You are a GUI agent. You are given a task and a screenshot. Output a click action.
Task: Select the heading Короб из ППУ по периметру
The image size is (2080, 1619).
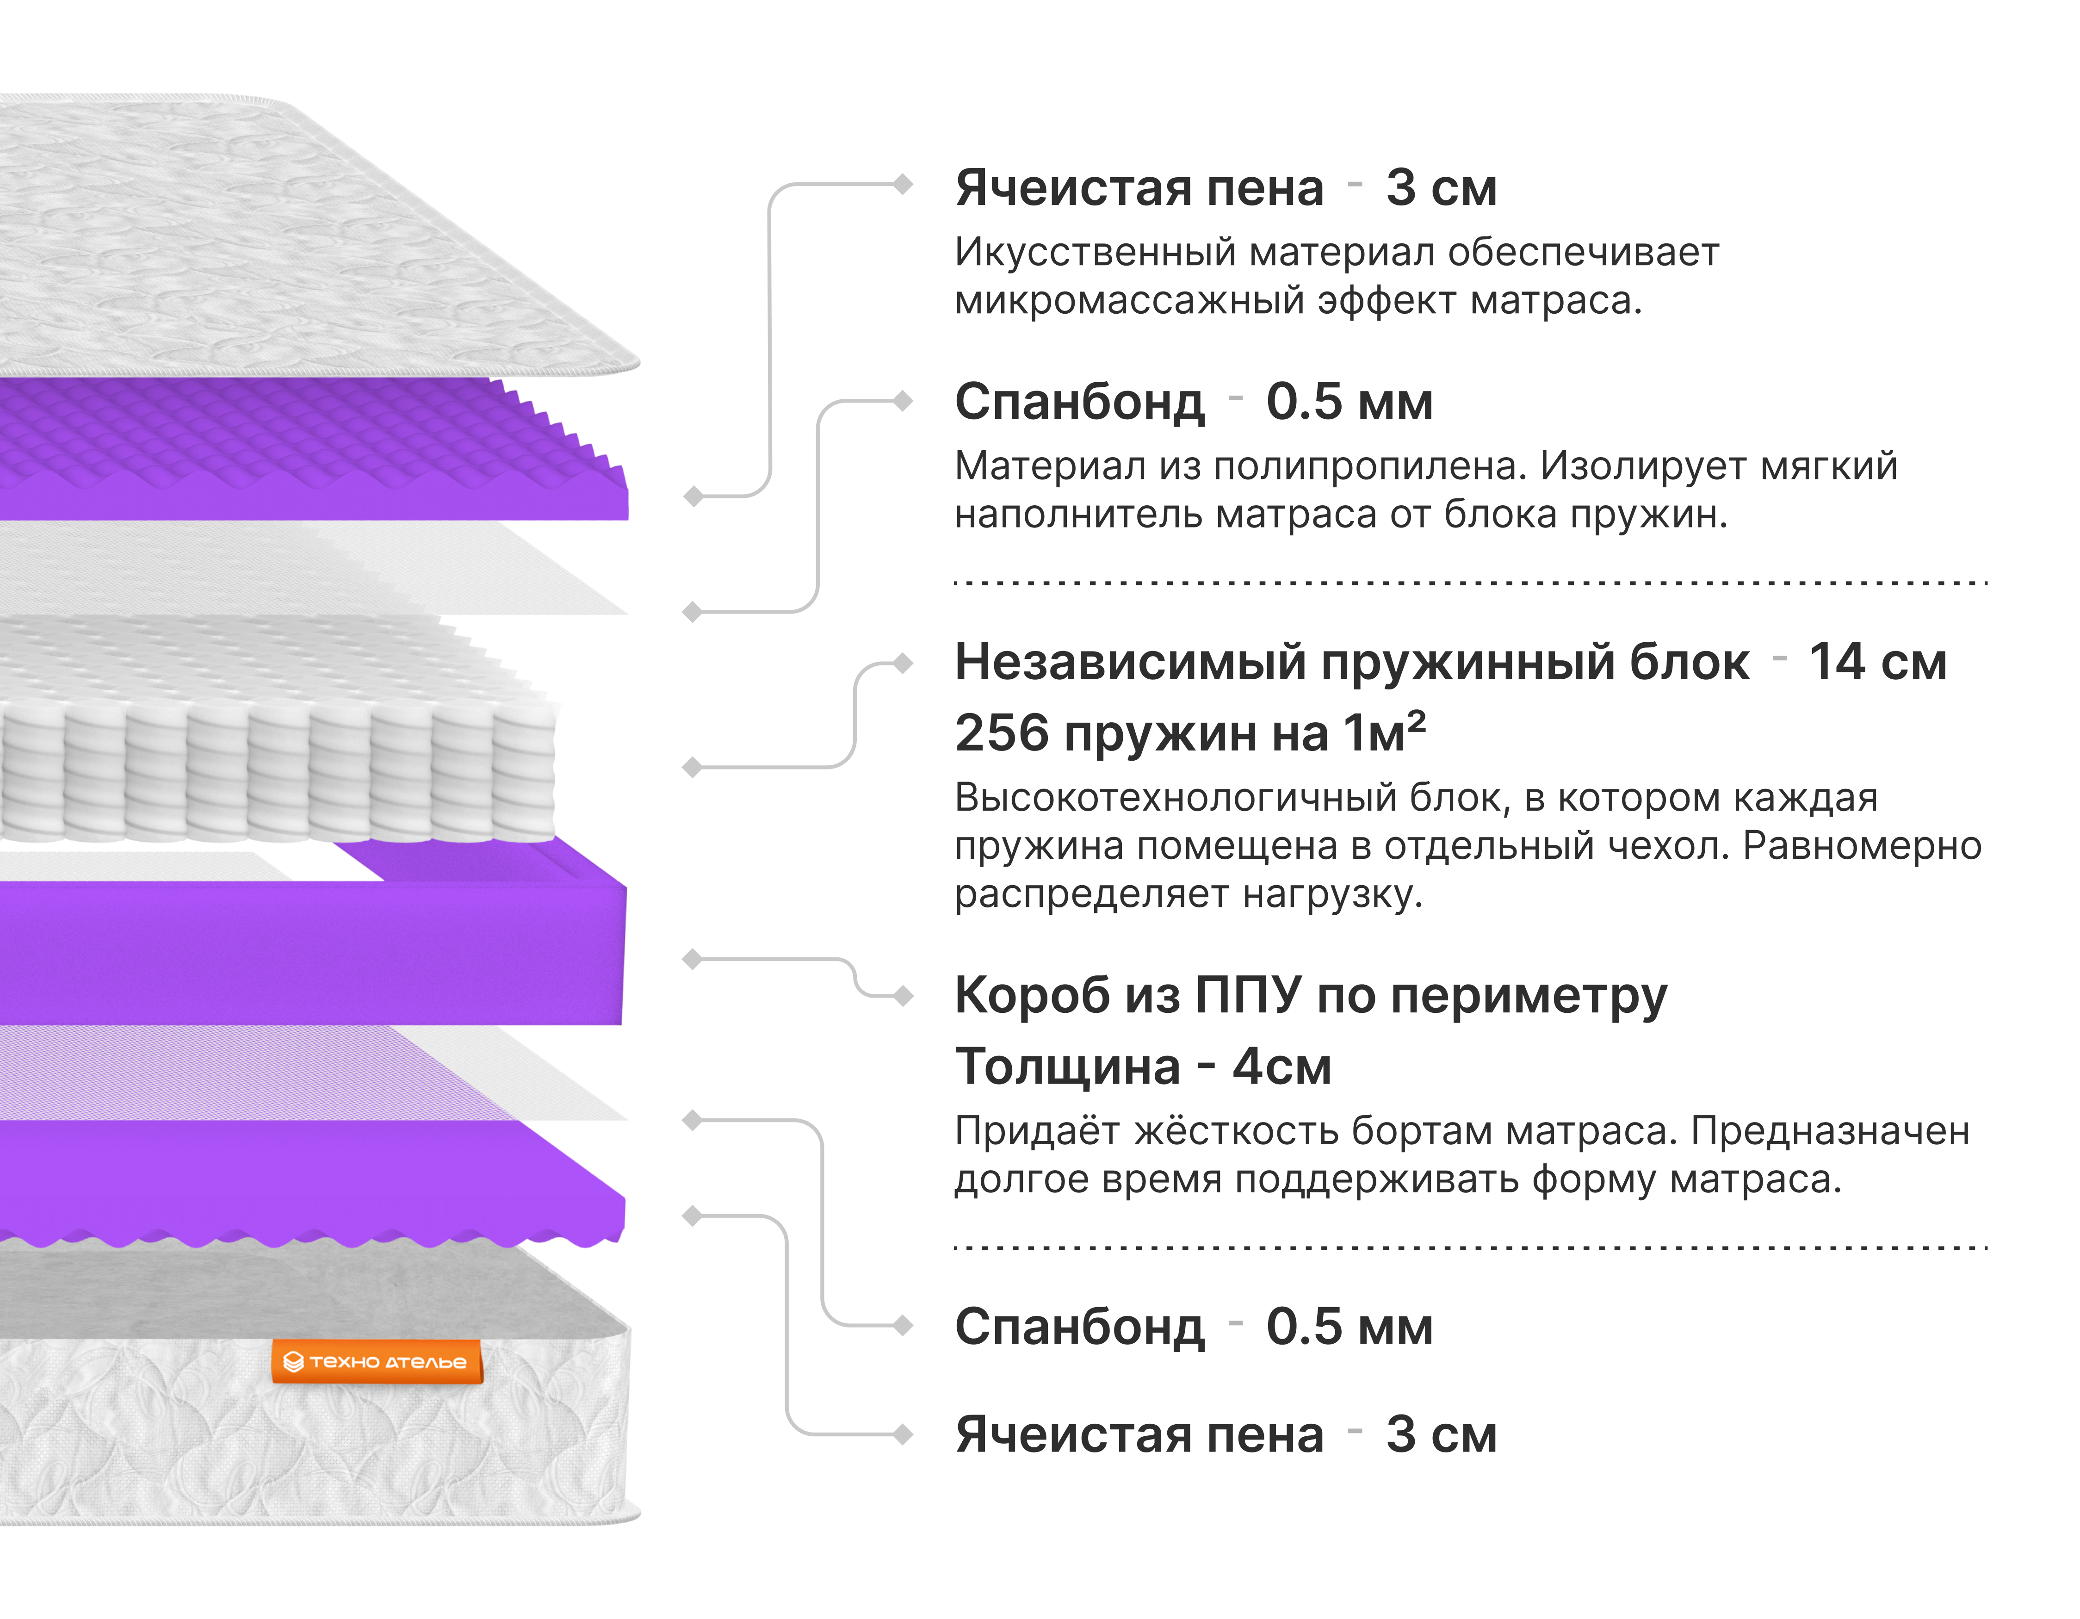1311,996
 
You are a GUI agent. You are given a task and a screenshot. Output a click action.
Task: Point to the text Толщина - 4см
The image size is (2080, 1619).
1143,1067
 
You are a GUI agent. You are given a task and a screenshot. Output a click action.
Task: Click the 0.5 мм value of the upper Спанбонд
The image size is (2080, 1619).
1349,402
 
